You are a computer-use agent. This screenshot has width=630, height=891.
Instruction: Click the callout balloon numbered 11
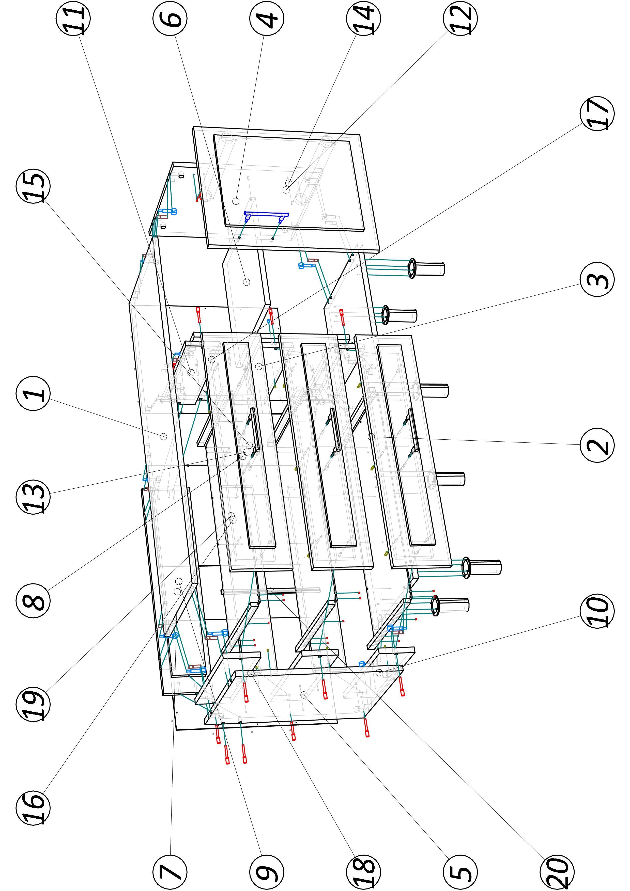73,19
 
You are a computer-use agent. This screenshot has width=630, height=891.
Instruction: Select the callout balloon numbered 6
170,19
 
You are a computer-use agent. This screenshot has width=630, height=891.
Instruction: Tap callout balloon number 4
267,19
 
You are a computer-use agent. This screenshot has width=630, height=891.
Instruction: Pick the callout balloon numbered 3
597,279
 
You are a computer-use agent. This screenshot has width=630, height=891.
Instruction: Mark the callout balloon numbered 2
597,445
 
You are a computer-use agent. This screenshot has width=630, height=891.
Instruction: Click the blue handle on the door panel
266,214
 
